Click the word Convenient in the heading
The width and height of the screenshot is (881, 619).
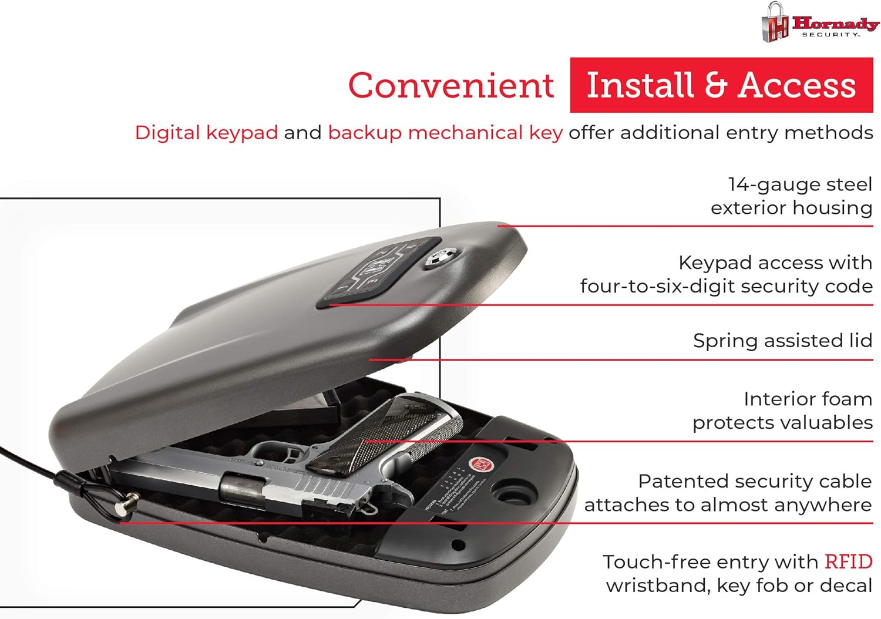pos(450,86)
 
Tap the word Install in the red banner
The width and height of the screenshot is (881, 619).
pos(640,85)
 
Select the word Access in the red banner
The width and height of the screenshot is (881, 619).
pos(797,85)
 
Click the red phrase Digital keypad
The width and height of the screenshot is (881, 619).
pos(206,133)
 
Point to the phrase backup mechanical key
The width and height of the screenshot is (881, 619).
pos(445,133)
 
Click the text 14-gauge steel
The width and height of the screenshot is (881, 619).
pos(799,184)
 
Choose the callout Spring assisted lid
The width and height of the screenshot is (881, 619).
pos(782,341)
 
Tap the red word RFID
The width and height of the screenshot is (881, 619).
pos(848,562)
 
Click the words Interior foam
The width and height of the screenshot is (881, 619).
pos(807,399)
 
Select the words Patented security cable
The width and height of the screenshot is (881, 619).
pos(754,482)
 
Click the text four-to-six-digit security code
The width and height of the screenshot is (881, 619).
pos(726,286)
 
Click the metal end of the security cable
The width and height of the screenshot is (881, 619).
pos(125,504)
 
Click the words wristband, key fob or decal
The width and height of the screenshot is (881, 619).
pos(738,586)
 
